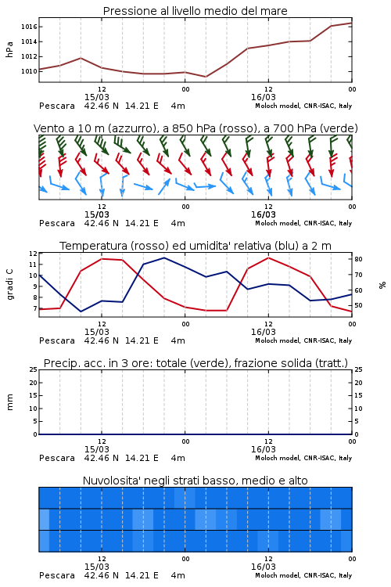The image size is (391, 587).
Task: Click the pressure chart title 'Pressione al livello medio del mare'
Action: click(x=195, y=11)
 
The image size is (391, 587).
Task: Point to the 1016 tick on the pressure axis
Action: click(x=28, y=27)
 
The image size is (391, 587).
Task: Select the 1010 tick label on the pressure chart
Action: click(x=28, y=71)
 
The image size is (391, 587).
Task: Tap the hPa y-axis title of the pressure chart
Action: click(x=9, y=49)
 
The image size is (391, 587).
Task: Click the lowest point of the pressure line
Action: click(x=206, y=77)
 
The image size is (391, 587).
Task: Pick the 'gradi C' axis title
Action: click(x=9, y=285)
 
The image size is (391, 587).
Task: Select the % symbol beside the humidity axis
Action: click(x=382, y=285)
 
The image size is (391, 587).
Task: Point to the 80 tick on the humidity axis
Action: click(x=358, y=259)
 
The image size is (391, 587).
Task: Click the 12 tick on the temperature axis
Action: click(x=33, y=254)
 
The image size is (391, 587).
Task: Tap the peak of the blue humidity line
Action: click(x=164, y=257)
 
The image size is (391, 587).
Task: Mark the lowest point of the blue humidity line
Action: click(x=81, y=312)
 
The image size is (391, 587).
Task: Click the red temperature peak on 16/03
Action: click(x=268, y=257)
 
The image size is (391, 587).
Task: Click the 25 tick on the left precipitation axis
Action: click(x=34, y=370)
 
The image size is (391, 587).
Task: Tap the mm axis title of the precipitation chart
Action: click(x=9, y=402)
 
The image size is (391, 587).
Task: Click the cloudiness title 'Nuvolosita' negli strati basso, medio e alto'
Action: click(x=195, y=481)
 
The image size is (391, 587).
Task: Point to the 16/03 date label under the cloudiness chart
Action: click(x=264, y=567)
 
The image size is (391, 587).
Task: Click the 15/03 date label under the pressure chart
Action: click(x=97, y=97)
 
